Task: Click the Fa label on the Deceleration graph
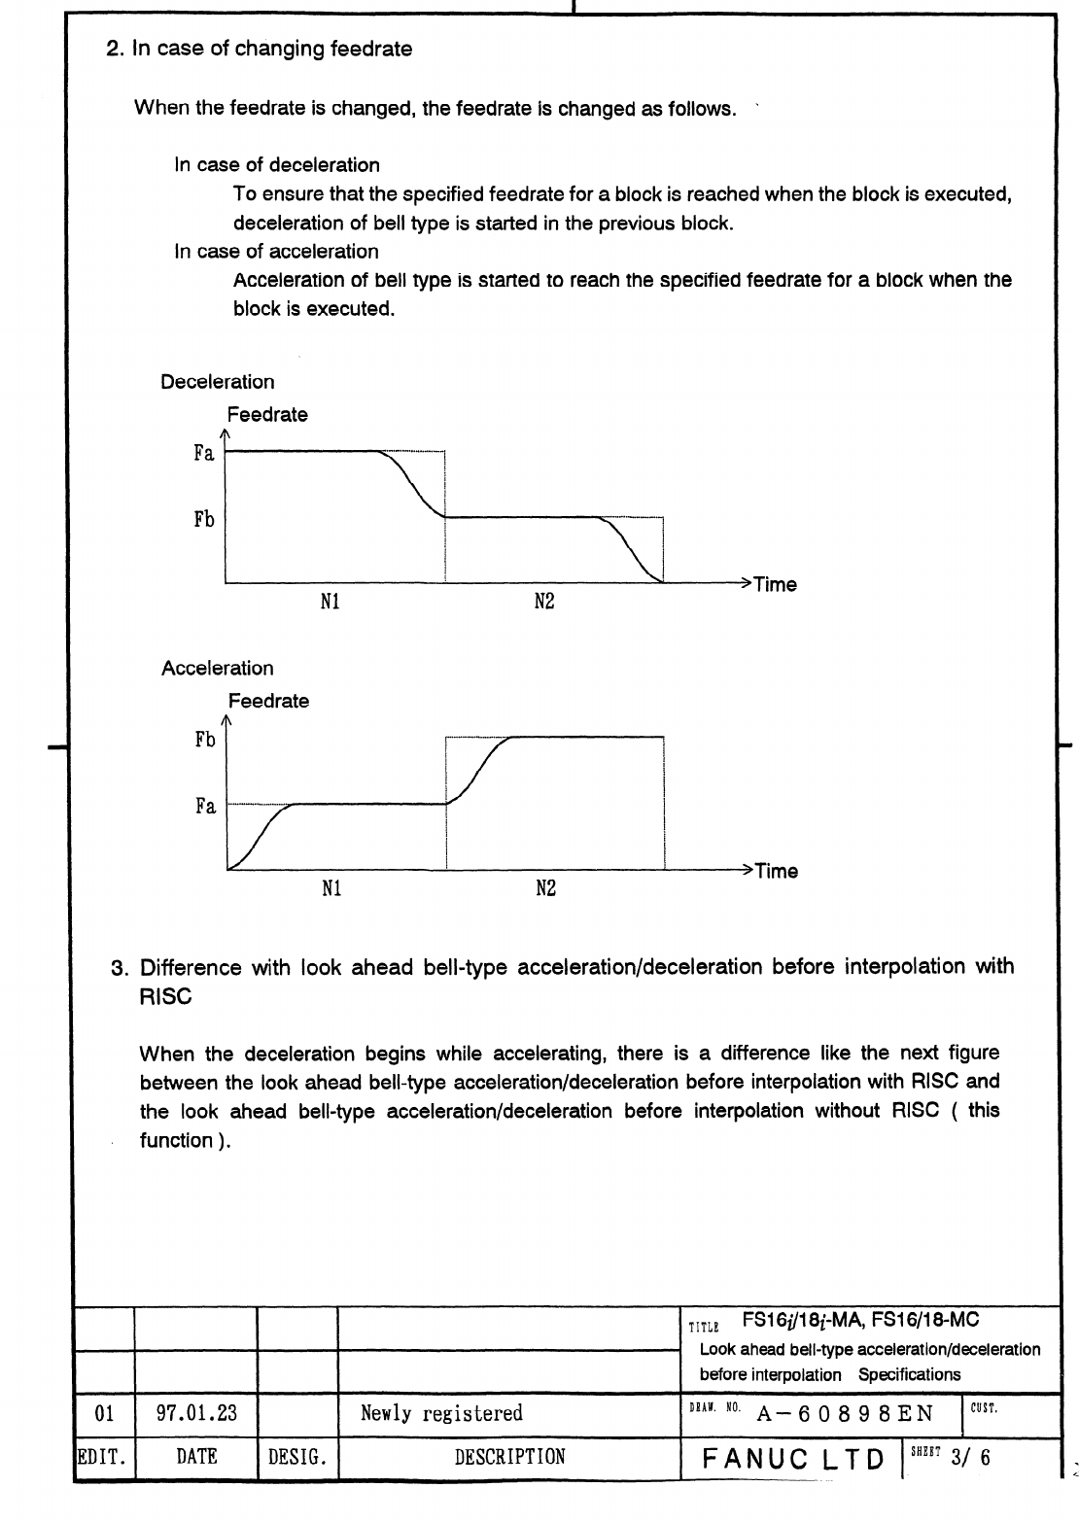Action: (203, 453)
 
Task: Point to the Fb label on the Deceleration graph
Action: (203, 519)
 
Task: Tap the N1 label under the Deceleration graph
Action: (331, 603)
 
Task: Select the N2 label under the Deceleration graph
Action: (544, 603)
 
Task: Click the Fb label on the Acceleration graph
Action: (204, 740)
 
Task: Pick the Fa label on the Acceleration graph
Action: (204, 806)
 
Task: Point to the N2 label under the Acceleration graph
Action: (545, 889)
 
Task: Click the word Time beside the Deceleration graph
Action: (775, 585)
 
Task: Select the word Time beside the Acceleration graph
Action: (776, 872)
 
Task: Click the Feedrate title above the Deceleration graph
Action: (267, 415)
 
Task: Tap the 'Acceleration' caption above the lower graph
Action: (218, 669)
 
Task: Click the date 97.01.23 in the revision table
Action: (196, 1413)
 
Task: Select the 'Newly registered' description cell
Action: (441, 1413)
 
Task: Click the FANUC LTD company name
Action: (793, 1459)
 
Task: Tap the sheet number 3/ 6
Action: (972, 1458)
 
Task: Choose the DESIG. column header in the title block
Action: (296, 1457)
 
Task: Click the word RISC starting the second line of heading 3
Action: (166, 997)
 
